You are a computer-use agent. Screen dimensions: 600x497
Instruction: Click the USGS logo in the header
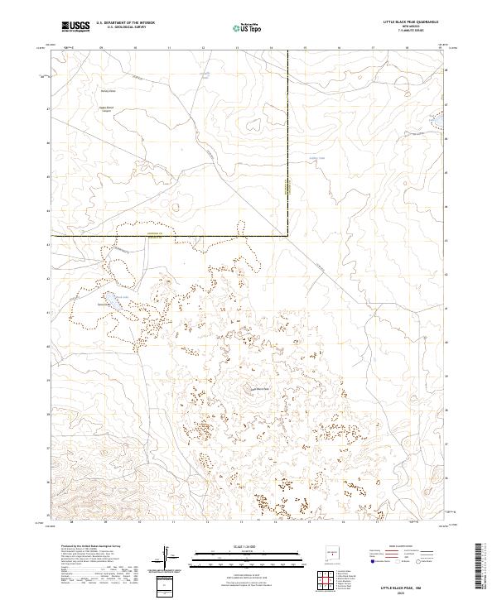click(75, 26)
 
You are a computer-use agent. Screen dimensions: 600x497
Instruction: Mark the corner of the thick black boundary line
click(287, 236)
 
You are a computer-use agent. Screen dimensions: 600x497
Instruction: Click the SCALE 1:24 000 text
click(237, 547)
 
